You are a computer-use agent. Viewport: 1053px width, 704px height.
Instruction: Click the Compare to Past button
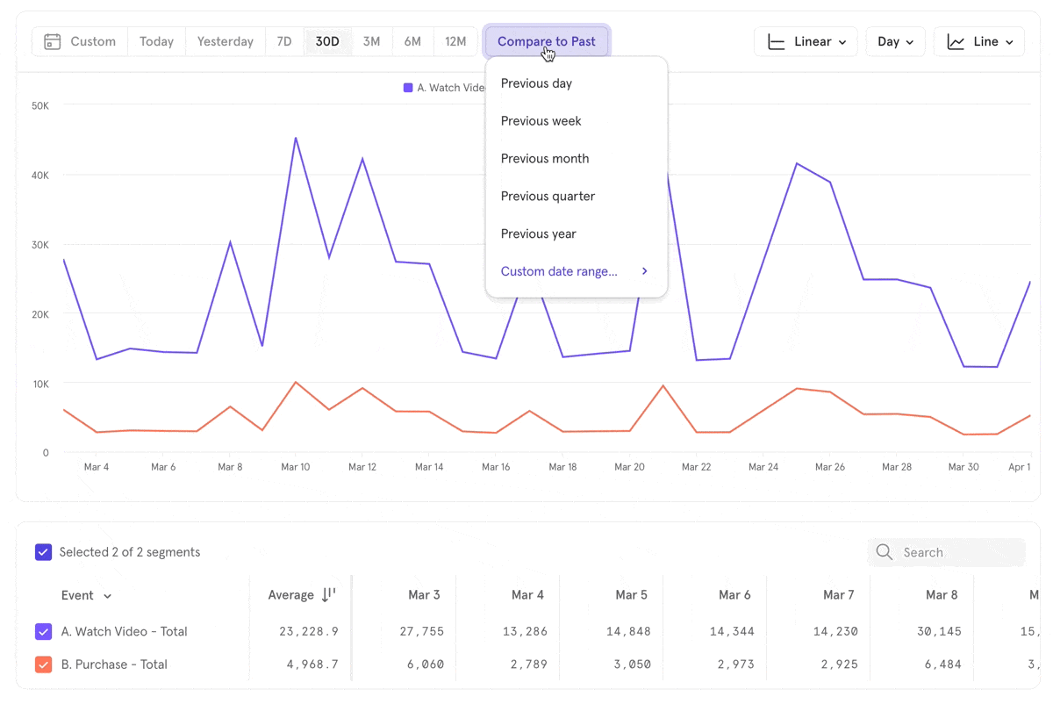click(547, 41)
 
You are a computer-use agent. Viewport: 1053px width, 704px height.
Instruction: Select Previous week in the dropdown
click(541, 121)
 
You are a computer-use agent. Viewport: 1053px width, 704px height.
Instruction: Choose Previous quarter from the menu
click(548, 197)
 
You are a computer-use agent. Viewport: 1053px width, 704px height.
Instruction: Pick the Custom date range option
click(559, 271)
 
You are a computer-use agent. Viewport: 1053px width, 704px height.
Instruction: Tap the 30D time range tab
click(327, 41)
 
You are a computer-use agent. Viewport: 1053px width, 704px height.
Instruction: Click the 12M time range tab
click(455, 41)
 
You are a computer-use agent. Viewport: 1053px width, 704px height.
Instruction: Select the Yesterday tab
click(226, 41)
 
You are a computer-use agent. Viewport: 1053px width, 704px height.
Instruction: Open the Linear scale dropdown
click(806, 41)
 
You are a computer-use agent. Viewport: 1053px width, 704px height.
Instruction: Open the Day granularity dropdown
click(895, 41)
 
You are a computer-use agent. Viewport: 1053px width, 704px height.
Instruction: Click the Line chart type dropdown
click(978, 41)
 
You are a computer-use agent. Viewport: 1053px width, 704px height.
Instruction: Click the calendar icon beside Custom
click(53, 41)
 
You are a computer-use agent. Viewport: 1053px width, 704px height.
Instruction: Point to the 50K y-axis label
click(39, 105)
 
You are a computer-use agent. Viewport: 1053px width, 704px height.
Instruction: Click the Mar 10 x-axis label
click(296, 467)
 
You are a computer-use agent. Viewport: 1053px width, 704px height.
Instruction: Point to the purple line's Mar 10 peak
click(296, 138)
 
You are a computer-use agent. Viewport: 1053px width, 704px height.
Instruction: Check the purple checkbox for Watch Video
click(43, 631)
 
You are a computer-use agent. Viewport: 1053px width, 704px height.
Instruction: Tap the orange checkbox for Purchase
click(43, 664)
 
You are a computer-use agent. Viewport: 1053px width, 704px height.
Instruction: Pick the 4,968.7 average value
click(312, 664)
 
